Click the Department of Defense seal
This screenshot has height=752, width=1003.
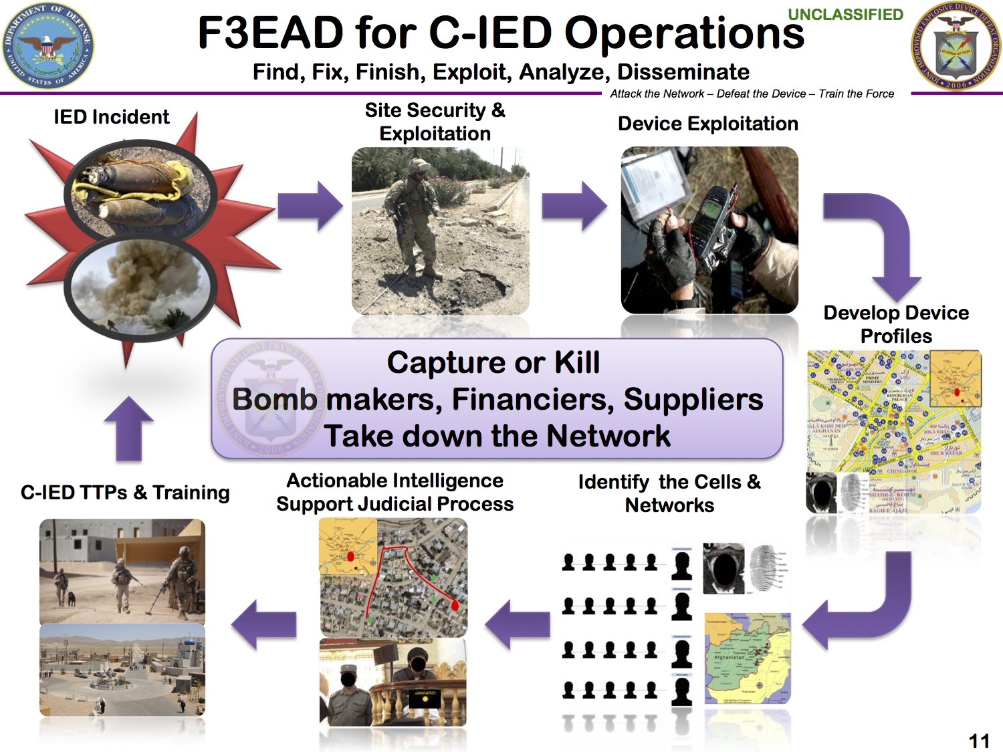[x=47, y=45]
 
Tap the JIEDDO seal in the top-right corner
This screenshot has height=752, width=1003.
[x=956, y=45]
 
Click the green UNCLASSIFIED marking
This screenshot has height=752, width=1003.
[x=845, y=15]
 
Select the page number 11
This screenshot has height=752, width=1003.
[x=979, y=740]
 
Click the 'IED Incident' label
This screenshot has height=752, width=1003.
[x=112, y=117]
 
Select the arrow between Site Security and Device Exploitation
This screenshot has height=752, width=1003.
[x=574, y=206]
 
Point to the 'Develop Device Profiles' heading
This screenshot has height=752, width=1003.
[x=896, y=324]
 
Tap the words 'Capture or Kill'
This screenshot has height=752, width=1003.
[x=493, y=363]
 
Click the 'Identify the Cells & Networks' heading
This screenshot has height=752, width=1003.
[x=669, y=493]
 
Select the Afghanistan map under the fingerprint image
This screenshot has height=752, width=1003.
[x=748, y=658]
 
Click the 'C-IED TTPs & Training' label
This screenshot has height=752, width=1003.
[x=125, y=493]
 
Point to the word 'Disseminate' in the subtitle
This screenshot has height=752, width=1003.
[x=683, y=72]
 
